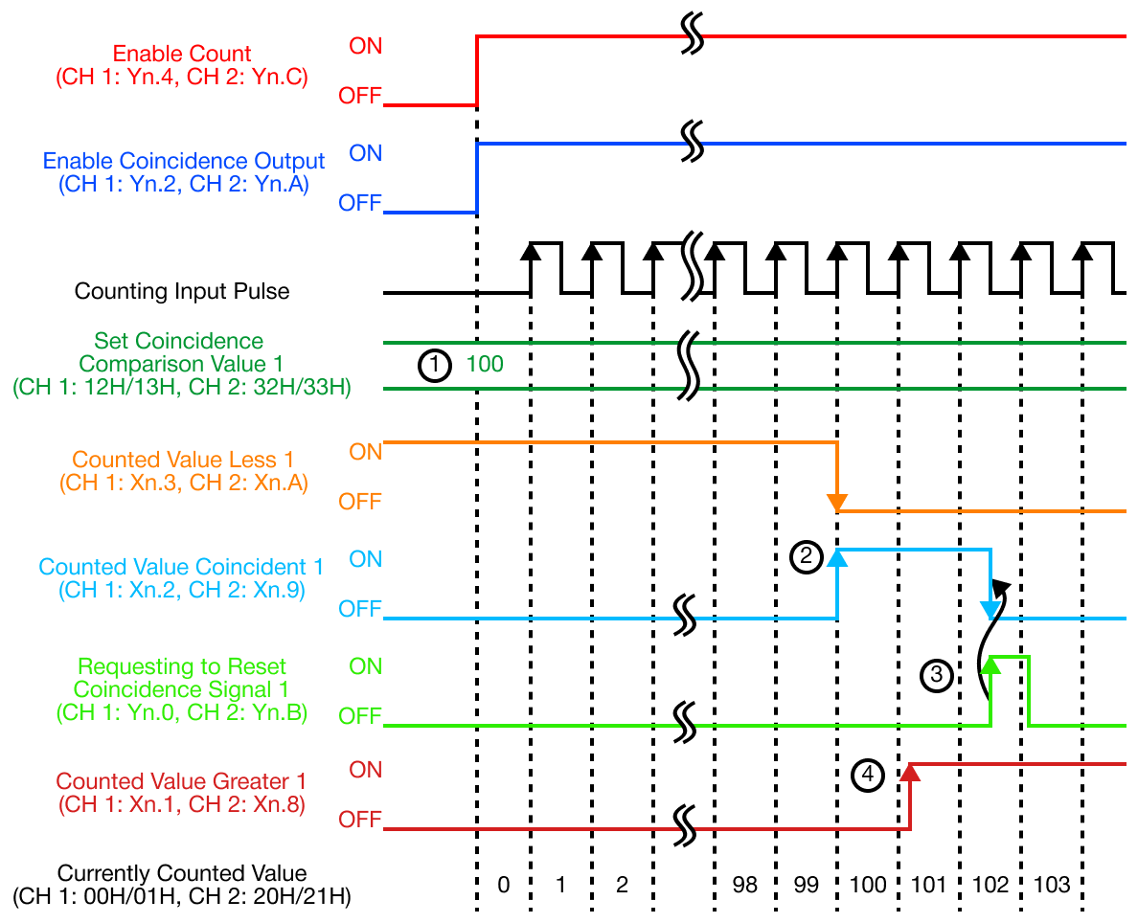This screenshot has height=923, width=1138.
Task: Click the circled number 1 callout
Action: tap(434, 365)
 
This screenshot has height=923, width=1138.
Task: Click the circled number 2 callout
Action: tap(806, 556)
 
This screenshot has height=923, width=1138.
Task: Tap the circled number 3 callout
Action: tap(936, 676)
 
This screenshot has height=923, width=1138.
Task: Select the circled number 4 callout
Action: tap(868, 775)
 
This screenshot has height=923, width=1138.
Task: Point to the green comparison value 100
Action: tap(485, 365)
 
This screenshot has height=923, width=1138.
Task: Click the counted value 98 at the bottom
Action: tap(744, 885)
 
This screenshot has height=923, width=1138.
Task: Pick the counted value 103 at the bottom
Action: tap(1053, 885)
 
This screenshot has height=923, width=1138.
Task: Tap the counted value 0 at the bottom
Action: tap(504, 885)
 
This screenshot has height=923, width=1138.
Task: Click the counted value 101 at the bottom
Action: tap(929, 885)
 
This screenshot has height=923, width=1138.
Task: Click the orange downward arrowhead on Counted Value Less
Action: tap(838, 502)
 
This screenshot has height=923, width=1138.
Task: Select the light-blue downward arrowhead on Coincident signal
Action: tap(990, 610)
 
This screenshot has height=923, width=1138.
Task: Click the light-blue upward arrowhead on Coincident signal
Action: tap(838, 557)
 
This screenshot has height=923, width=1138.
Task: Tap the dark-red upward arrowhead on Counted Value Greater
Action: tap(910, 772)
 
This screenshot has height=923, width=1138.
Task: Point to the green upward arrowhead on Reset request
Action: tap(990, 664)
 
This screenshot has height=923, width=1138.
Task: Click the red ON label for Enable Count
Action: tap(365, 46)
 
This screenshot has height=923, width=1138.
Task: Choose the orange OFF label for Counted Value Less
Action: tap(360, 502)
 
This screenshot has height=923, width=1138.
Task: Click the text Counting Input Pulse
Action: tap(182, 291)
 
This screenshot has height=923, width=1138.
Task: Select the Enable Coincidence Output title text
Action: tap(184, 162)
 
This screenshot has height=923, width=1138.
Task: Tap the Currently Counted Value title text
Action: tap(182, 873)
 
